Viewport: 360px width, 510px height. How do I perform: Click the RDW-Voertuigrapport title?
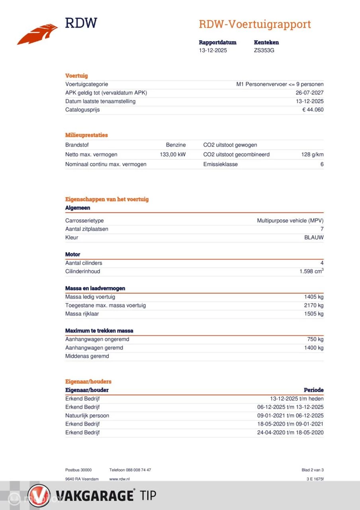[254, 24]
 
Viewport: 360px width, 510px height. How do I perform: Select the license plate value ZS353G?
[264, 51]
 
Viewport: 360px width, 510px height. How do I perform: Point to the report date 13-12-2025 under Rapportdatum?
[213, 51]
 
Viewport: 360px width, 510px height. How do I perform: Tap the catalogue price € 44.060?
[313, 110]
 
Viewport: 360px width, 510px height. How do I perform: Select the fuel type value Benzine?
[176, 145]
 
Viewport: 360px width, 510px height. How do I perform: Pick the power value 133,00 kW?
[172, 155]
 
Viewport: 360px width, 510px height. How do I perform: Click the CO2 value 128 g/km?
[312, 155]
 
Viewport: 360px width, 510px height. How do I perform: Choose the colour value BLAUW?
[314, 237]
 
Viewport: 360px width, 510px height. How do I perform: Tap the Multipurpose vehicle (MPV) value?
[290, 221]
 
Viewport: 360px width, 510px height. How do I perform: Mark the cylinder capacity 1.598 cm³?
[311, 271]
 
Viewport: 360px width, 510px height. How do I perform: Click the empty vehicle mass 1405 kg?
[314, 297]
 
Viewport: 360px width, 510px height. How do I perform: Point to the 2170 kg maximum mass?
[314, 306]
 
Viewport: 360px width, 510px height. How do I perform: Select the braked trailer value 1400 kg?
[314, 348]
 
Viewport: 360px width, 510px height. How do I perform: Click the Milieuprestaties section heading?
[86, 135]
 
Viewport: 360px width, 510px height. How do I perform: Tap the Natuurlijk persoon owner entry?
[87, 416]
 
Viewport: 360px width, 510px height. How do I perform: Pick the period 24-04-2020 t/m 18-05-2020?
[290, 433]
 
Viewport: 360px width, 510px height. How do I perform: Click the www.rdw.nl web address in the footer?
[119, 479]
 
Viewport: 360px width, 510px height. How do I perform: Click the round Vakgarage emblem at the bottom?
[39, 496]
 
